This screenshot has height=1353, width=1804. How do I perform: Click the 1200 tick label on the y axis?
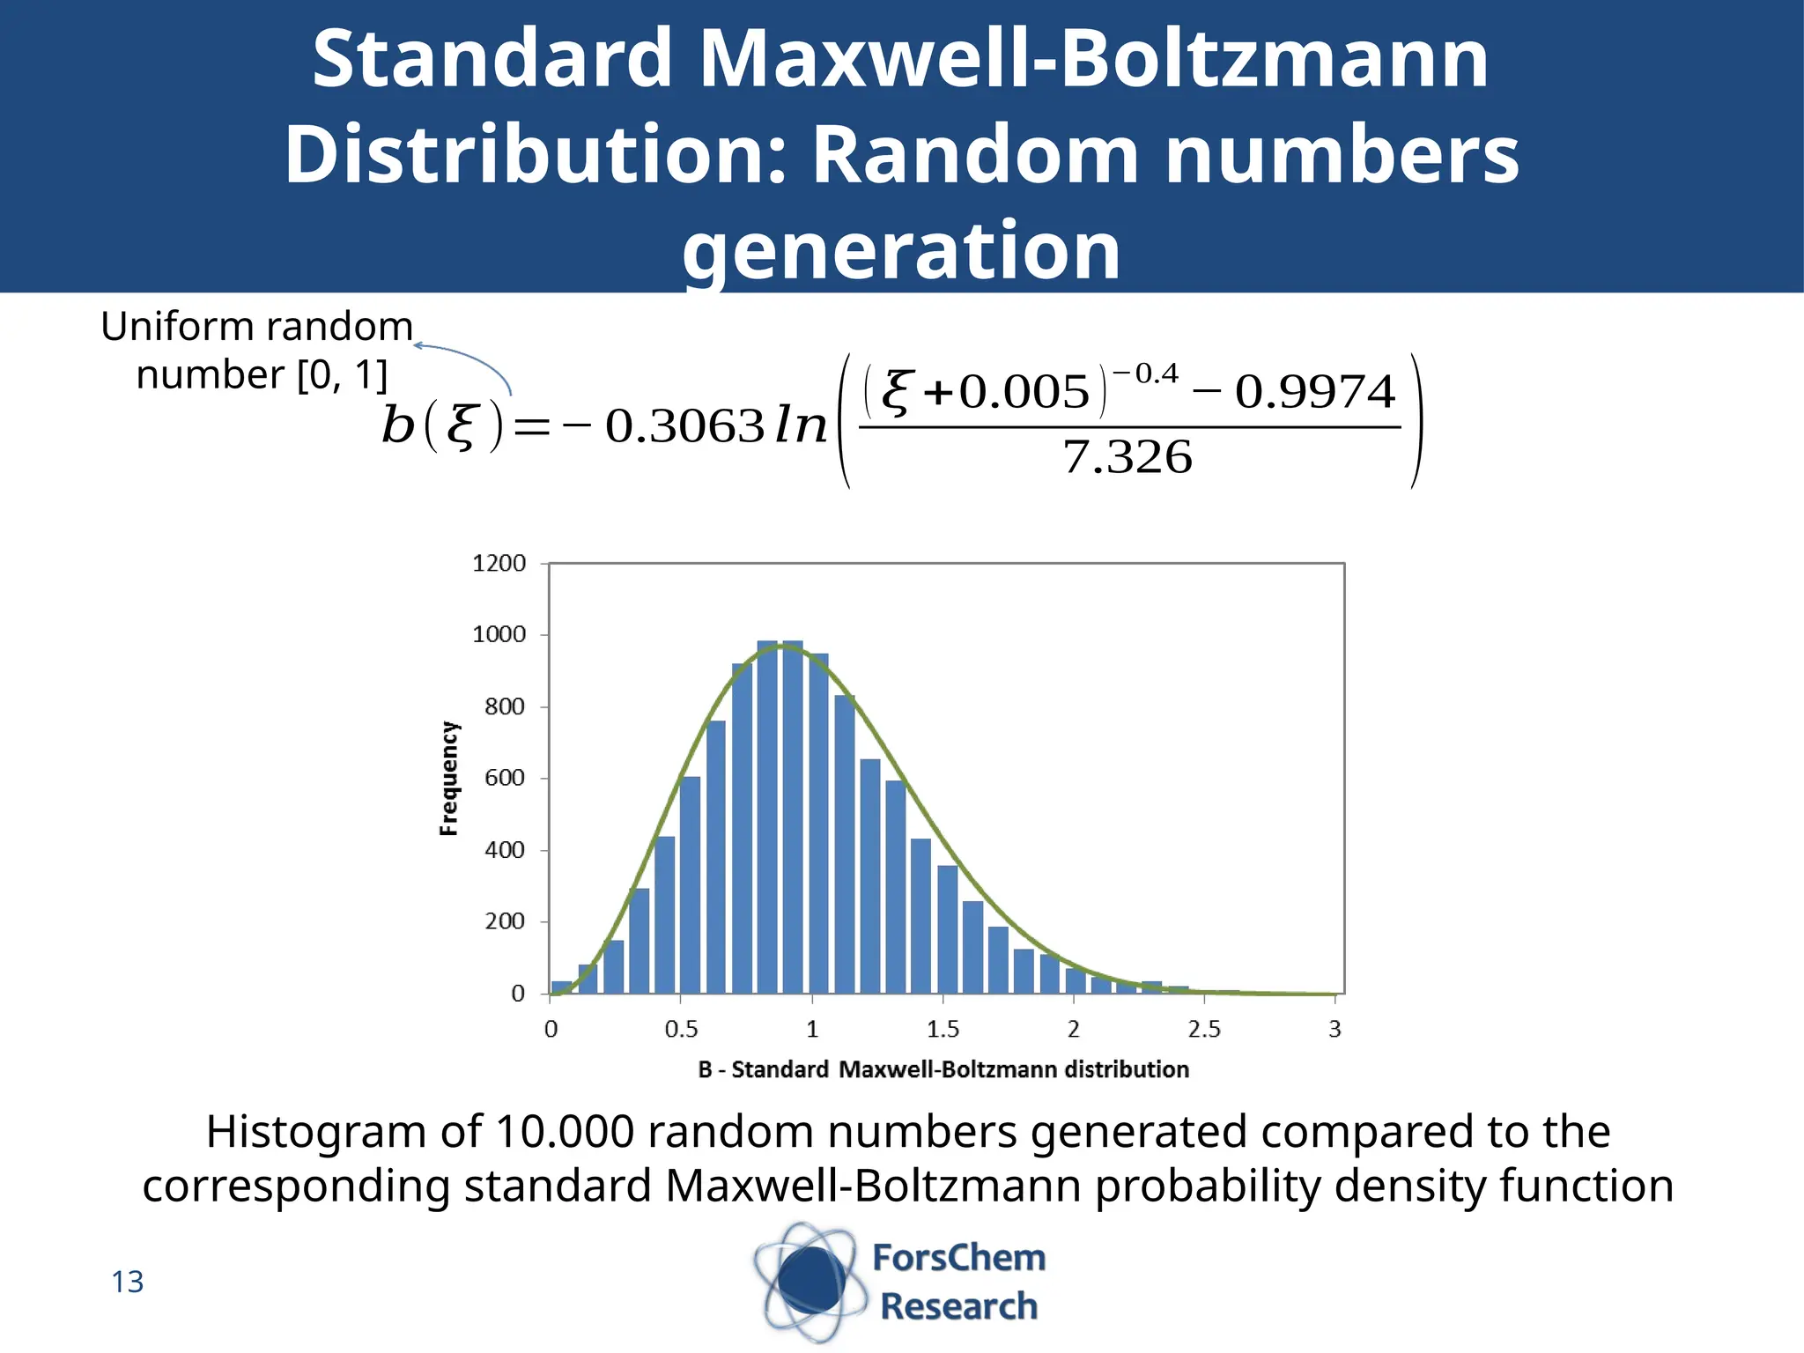click(499, 564)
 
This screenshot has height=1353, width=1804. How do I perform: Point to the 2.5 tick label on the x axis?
click(1203, 1029)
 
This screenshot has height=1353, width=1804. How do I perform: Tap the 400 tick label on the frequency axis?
click(504, 850)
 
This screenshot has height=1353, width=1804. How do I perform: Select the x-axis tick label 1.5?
click(942, 1029)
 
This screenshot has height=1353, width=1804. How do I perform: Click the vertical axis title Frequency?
click(449, 778)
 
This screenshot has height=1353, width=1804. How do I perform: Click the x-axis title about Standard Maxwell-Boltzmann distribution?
click(943, 1069)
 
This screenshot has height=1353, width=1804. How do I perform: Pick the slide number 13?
click(127, 1282)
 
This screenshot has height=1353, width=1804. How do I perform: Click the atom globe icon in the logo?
click(809, 1283)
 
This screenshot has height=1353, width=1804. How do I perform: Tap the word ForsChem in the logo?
click(958, 1258)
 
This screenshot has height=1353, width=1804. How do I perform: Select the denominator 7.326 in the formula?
click(1127, 457)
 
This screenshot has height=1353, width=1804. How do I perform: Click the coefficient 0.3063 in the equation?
click(684, 426)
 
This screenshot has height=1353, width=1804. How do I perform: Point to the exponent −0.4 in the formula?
click(1147, 374)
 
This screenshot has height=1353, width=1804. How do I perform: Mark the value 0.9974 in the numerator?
click(1314, 392)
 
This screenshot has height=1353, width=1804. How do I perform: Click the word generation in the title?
click(901, 250)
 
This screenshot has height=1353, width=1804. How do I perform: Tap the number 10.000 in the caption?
click(565, 1132)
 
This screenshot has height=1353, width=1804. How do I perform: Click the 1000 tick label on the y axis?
click(499, 635)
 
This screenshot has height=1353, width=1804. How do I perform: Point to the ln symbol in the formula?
click(801, 426)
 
